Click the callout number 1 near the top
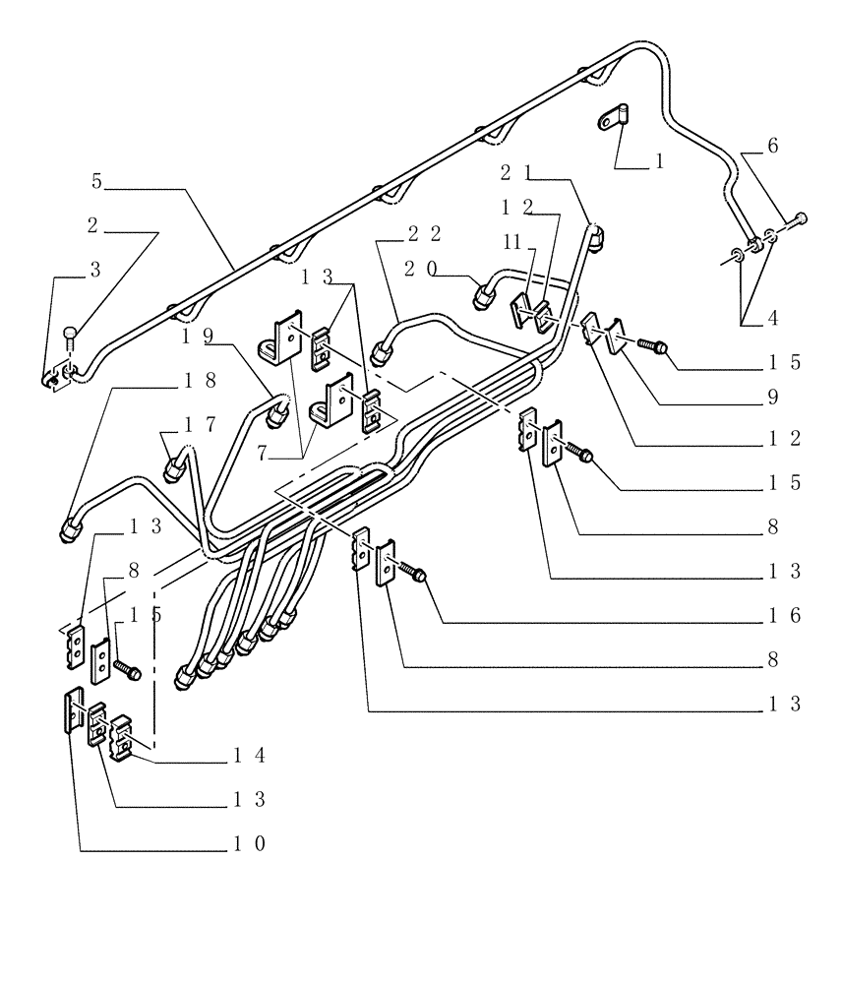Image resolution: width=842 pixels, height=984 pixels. (x=659, y=160)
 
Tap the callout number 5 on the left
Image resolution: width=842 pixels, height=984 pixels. (x=96, y=182)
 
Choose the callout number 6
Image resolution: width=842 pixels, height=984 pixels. (x=772, y=145)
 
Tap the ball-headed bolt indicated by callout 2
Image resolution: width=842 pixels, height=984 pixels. (x=72, y=335)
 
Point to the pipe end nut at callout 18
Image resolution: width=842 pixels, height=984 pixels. (x=72, y=530)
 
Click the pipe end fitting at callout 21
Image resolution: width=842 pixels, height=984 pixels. (x=596, y=236)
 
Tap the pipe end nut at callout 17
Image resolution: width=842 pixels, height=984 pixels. (x=173, y=467)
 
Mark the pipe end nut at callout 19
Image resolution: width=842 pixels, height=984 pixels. (x=279, y=410)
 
